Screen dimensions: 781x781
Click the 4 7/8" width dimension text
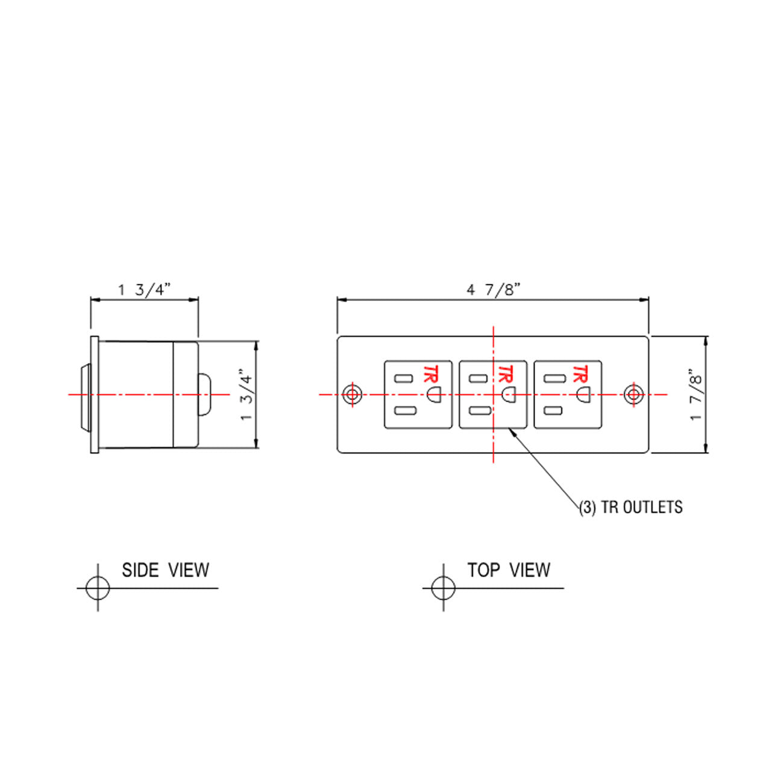point(493,290)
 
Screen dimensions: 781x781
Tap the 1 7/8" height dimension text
point(696,394)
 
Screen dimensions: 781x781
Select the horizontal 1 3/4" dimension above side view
point(145,290)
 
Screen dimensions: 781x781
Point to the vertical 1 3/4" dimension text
point(246,394)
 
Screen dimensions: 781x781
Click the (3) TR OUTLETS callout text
point(630,507)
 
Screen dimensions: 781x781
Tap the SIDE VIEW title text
point(165,570)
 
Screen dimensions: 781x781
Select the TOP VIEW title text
point(509,570)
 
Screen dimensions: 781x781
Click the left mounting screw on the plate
point(352,394)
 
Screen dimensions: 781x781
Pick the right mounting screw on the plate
point(634,394)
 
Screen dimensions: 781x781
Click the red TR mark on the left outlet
point(431,374)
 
